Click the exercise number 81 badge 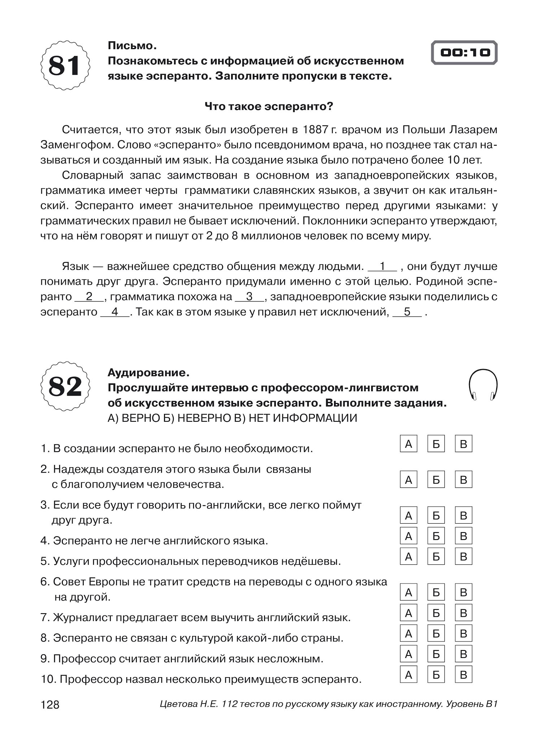coord(65,65)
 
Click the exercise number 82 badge coord(65,386)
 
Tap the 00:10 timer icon coord(464,53)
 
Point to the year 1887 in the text coord(315,129)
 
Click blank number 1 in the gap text coord(383,266)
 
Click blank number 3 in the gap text coord(250,297)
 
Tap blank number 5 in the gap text coord(407,312)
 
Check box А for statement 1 coord(408,444)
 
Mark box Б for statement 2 coord(436,479)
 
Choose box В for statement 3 coord(464,515)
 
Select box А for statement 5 coord(408,556)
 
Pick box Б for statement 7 coord(436,613)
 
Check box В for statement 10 coord(464,674)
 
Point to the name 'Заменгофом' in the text coord(72,145)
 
